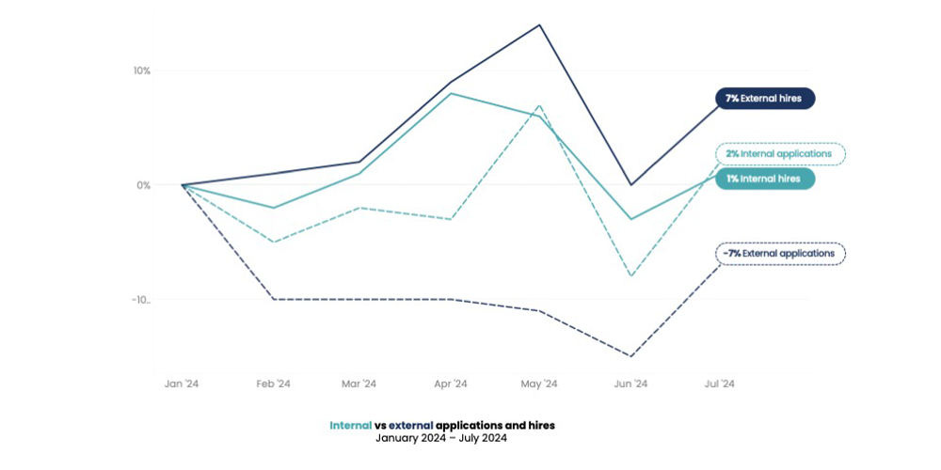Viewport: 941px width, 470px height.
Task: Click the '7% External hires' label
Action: [x=764, y=99]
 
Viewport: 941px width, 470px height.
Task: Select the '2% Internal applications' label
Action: [x=779, y=153]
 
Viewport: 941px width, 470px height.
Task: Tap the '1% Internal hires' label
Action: [x=764, y=179]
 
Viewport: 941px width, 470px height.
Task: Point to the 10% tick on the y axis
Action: [x=141, y=70]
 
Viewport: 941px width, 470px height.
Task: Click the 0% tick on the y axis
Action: [x=143, y=185]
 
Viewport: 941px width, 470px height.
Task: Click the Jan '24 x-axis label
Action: [x=182, y=384]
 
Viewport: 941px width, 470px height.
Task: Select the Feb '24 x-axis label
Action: [x=273, y=384]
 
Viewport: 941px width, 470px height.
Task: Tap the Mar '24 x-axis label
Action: [x=359, y=384]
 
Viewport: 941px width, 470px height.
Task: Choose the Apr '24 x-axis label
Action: [x=450, y=384]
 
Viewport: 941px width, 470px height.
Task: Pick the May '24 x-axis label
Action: [x=539, y=384]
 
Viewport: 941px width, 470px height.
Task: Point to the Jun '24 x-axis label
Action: [x=630, y=384]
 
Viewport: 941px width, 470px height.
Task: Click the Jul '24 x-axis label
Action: [x=720, y=384]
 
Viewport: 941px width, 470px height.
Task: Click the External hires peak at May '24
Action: [x=539, y=24]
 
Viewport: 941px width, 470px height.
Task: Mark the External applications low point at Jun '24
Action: [x=630, y=356]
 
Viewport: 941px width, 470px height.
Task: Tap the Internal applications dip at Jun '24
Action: [x=630, y=276]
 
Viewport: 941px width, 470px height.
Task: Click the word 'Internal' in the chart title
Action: [x=350, y=425]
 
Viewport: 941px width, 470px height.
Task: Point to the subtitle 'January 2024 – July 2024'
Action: [x=441, y=438]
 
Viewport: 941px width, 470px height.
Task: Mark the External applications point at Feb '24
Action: [x=273, y=299]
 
